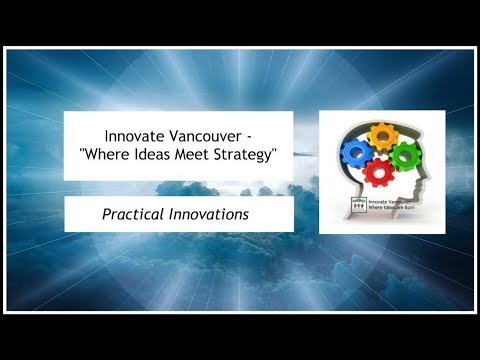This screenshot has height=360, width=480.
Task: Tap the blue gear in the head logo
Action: (355, 152)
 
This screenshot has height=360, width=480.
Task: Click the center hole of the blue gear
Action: (355, 152)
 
